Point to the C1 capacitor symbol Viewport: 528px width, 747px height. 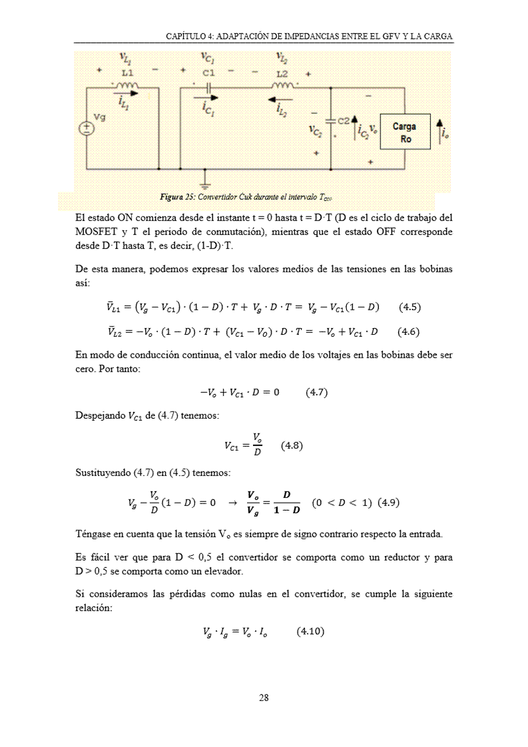coord(208,87)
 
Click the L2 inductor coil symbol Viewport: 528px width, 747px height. coord(282,86)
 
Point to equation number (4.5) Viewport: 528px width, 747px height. coord(409,307)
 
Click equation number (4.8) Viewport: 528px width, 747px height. coord(292,445)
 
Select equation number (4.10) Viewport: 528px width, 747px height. coord(310,631)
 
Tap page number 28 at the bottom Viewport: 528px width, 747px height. coord(264,698)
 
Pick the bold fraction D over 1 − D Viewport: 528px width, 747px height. coord(287,503)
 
